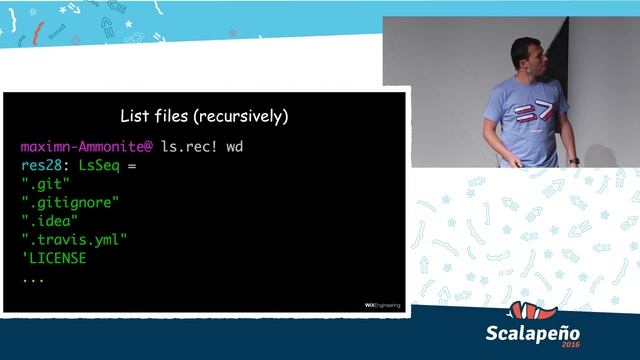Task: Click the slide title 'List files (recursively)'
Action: click(x=204, y=116)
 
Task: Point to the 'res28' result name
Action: click(x=40, y=165)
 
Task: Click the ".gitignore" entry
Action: click(x=71, y=202)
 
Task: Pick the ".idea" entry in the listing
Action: click(x=49, y=221)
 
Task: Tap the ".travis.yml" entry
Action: click(x=75, y=239)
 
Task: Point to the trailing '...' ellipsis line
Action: click(x=32, y=277)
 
